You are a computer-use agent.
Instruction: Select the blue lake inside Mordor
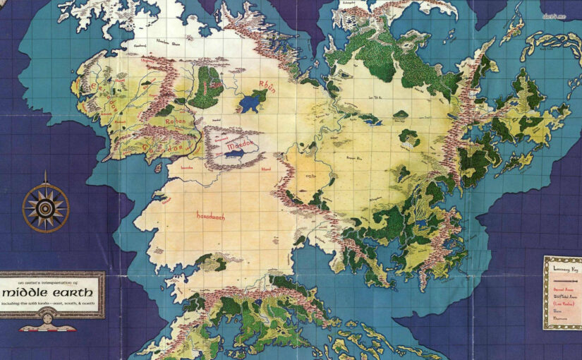236,150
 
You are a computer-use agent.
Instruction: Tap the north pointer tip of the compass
46,173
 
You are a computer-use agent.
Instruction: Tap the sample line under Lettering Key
562,277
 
